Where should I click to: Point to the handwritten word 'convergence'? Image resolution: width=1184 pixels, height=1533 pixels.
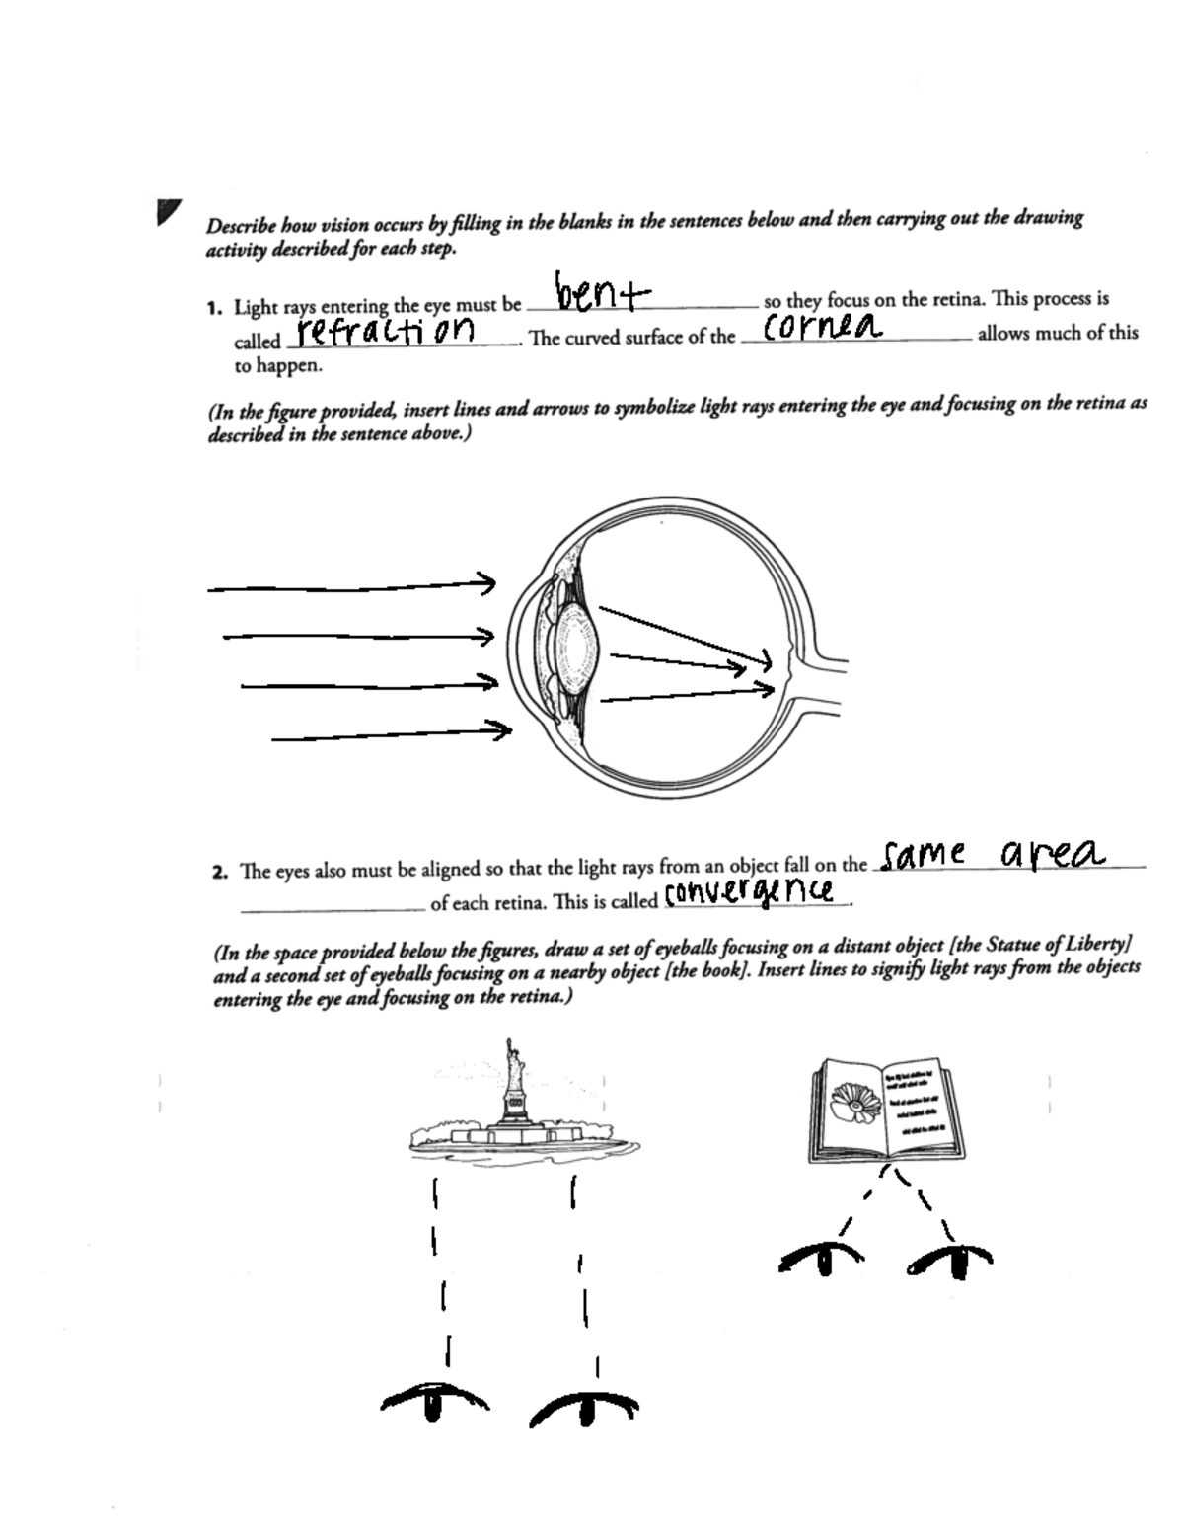tap(751, 892)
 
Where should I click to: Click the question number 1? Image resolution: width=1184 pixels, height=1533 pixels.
tap(214, 308)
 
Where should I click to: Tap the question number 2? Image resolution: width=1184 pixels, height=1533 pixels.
tap(219, 873)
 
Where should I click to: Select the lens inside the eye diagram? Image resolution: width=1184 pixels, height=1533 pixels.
tap(575, 646)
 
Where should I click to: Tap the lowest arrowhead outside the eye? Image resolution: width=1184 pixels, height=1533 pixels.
tap(501, 730)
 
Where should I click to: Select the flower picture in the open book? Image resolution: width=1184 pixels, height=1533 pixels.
tap(855, 1102)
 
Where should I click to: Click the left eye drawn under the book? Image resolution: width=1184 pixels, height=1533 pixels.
tap(821, 1259)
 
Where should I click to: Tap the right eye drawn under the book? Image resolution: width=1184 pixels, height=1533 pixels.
tap(950, 1259)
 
